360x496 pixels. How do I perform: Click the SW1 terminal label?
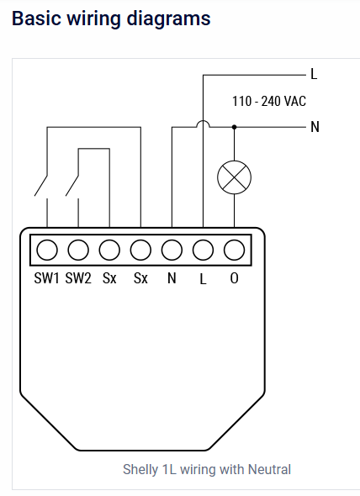(x=46, y=278)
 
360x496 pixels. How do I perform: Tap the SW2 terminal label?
(x=78, y=278)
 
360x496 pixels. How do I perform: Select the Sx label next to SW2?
(x=109, y=278)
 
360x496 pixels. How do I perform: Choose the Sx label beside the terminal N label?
(x=140, y=278)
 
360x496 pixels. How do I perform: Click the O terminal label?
(x=235, y=278)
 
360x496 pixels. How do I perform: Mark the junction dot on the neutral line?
(x=235, y=127)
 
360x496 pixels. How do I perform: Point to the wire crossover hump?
(x=203, y=121)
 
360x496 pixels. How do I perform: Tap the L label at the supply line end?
(x=314, y=74)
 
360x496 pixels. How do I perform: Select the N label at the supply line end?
(x=315, y=127)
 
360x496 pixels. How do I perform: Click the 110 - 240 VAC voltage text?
(x=269, y=101)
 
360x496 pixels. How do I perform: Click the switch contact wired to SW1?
(x=41, y=186)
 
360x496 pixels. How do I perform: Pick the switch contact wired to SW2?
(x=72, y=186)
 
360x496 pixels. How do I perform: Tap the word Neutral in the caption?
(x=269, y=469)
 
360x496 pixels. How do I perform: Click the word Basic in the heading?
(x=36, y=18)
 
